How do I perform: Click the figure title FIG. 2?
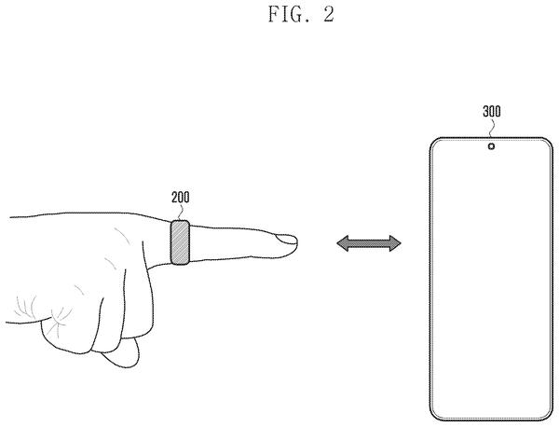click(301, 15)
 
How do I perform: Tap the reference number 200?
click(181, 198)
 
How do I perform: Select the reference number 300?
click(492, 112)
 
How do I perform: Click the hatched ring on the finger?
click(180, 242)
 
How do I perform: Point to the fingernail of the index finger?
click(286, 240)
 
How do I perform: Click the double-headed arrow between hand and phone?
click(369, 243)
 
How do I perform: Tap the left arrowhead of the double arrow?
click(343, 243)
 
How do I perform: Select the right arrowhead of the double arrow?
click(395, 243)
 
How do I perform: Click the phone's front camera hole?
click(491, 146)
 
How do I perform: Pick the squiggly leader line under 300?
click(492, 128)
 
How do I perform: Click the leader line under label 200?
click(180, 213)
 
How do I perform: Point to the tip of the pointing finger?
click(296, 242)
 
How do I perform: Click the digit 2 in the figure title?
click(329, 15)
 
